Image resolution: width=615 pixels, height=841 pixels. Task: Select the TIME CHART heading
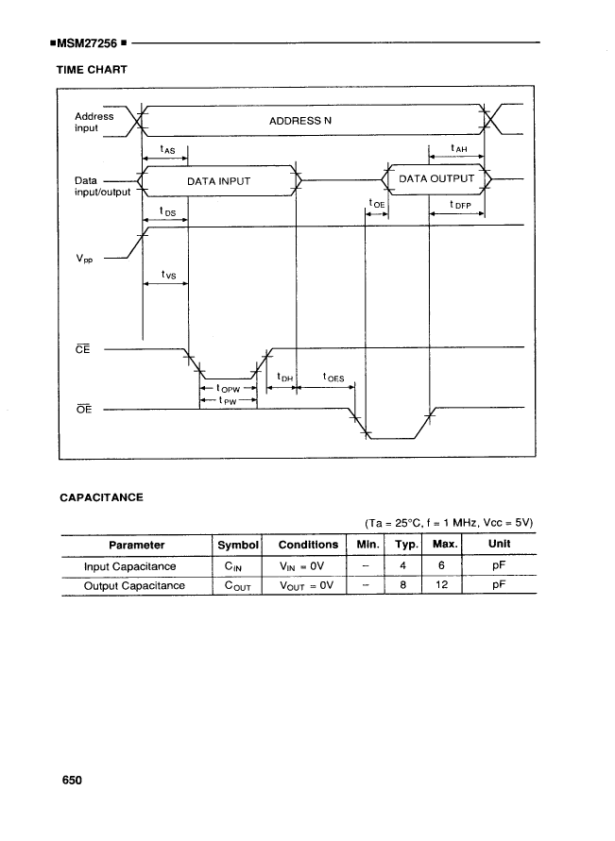click(x=94, y=69)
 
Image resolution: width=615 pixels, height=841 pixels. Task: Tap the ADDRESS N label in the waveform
click(x=300, y=121)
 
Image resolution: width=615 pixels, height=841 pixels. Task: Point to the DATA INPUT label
click(x=218, y=180)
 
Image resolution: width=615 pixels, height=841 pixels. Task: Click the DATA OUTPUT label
click(x=436, y=178)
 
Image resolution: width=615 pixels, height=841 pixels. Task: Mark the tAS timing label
click(x=167, y=149)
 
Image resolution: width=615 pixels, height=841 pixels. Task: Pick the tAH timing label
click(x=458, y=148)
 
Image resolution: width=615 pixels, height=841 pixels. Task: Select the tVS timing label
click(x=167, y=277)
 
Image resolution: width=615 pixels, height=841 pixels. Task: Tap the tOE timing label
click(x=377, y=203)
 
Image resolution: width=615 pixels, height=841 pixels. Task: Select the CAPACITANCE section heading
click(x=102, y=497)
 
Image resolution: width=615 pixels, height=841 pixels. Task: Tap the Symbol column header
click(x=238, y=545)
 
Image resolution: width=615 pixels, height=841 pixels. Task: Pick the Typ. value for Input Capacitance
click(x=401, y=565)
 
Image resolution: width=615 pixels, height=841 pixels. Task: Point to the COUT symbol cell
click(x=236, y=586)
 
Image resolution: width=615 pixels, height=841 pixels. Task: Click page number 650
click(x=73, y=781)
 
